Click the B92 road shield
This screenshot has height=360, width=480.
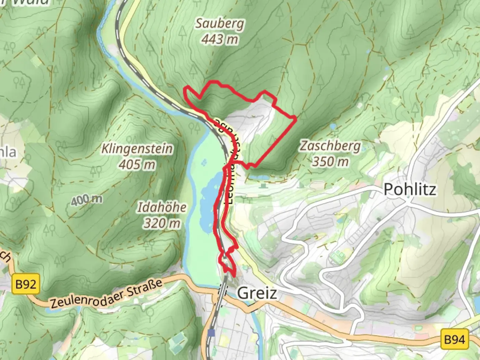coord(26,284)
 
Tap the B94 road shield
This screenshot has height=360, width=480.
coord(454,339)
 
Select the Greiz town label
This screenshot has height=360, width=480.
coord(257,293)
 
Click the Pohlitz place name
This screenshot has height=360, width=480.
coord(410,189)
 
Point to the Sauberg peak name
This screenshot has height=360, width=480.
coord(219,24)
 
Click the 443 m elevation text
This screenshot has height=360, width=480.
coord(220,39)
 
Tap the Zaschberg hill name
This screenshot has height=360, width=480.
coord(330,146)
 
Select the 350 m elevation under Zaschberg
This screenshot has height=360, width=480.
coord(330,162)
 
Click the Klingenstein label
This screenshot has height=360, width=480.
coord(137,149)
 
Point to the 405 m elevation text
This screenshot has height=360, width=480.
coord(137,164)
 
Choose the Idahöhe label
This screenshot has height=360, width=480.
coord(162,208)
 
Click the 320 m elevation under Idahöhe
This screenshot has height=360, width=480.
coord(162,223)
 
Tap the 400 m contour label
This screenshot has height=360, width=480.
coord(87,200)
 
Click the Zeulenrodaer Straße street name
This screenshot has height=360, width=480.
coord(106,294)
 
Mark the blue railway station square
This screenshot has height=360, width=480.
coord(211,333)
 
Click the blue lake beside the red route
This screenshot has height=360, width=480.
coord(208,200)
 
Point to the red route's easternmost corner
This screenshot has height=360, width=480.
coord(296,118)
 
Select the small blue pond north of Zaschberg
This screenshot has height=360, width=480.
coord(333,127)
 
